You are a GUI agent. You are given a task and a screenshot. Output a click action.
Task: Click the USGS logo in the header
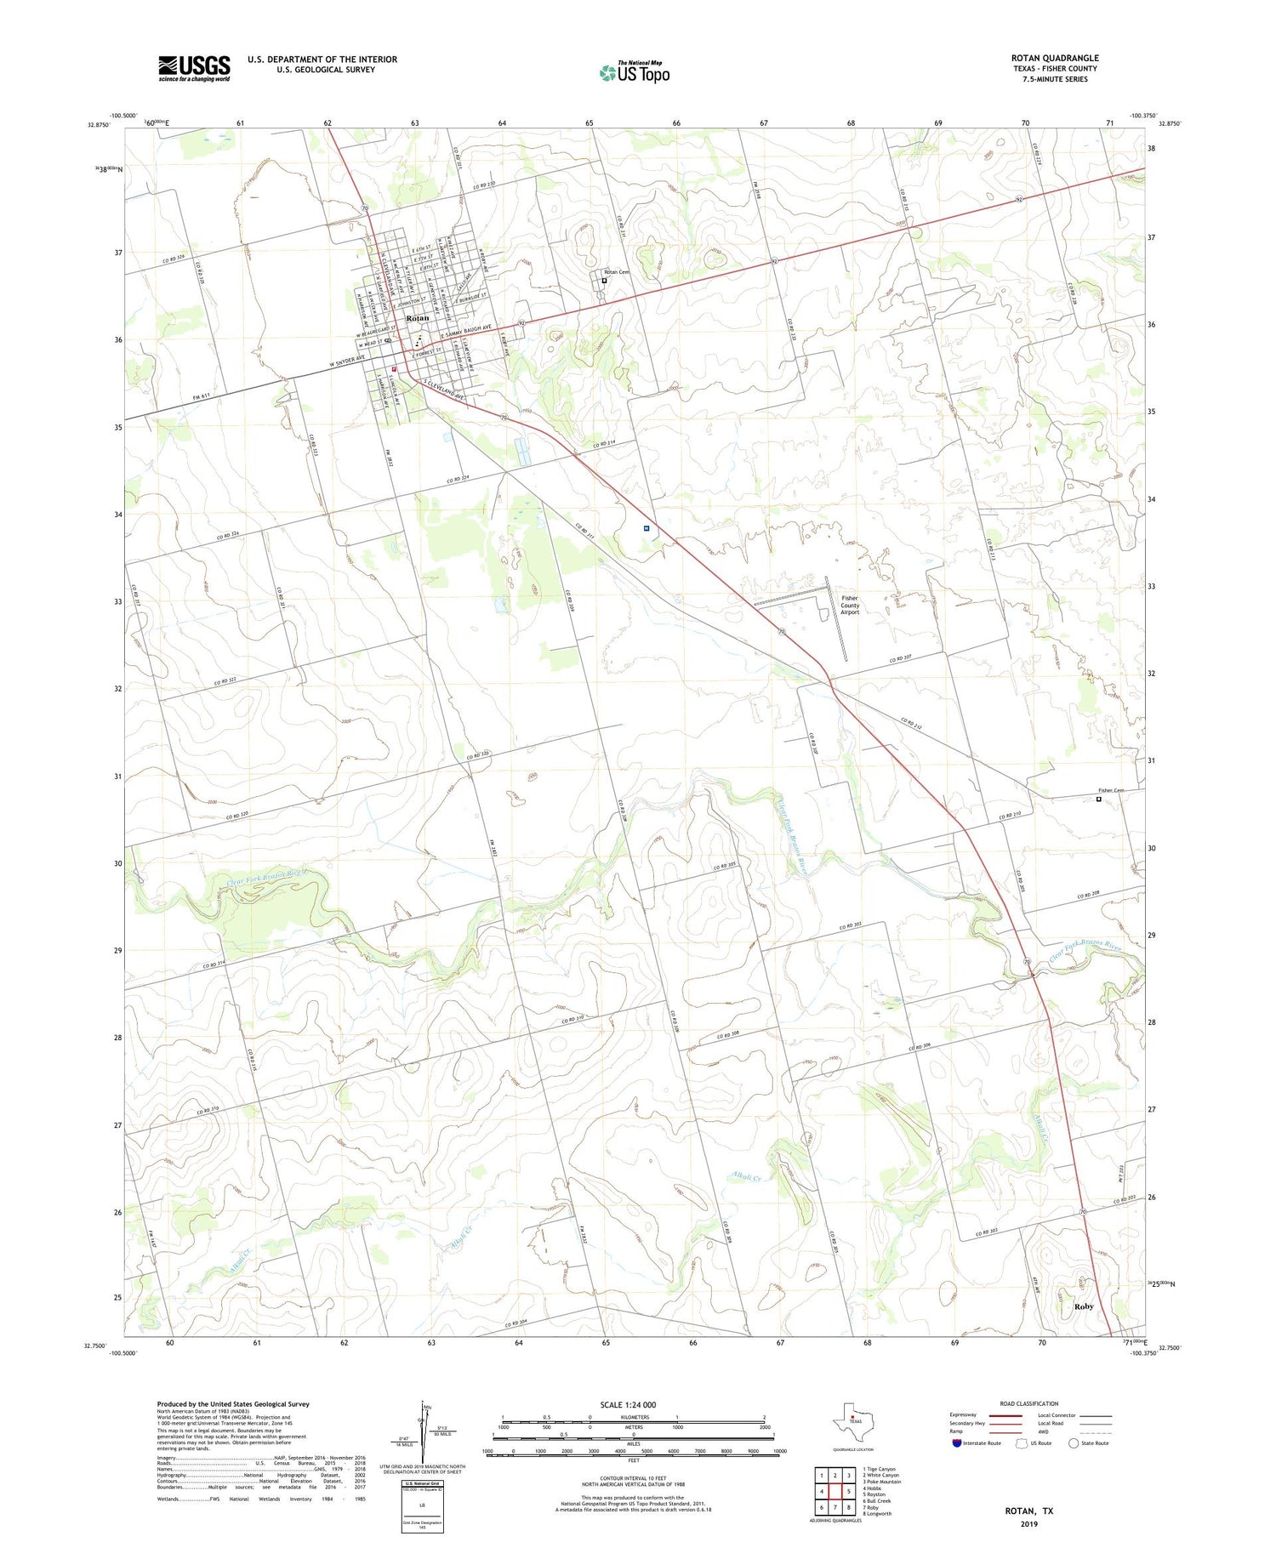[194, 68]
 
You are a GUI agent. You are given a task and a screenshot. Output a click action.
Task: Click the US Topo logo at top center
[635, 72]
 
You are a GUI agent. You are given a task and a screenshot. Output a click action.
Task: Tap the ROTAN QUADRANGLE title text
[1054, 58]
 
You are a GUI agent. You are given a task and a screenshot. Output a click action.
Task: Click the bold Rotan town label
[418, 318]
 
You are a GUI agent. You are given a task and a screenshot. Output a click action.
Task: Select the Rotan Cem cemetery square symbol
[604, 281]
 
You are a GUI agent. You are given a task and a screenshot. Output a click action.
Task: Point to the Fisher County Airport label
[850, 605]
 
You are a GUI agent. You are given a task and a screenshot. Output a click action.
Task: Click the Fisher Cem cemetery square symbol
[1098, 799]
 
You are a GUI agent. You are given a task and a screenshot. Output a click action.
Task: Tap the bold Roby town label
[1083, 1306]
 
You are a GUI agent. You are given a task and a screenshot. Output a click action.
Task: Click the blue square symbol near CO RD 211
[647, 528]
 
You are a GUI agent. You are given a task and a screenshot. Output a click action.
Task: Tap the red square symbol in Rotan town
[394, 368]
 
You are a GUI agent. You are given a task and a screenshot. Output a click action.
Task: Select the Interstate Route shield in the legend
[957, 1442]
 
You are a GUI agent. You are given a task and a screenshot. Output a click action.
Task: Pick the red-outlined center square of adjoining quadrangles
[836, 1491]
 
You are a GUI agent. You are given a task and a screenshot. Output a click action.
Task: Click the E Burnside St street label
[470, 298]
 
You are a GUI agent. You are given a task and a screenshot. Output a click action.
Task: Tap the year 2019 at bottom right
[1028, 1524]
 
